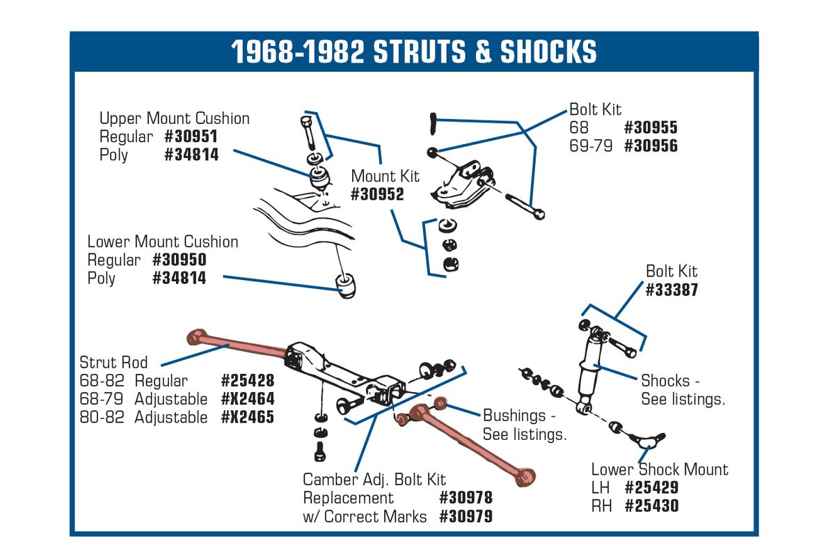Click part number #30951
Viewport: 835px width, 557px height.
click(x=191, y=136)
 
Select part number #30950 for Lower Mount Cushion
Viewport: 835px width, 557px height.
click(x=180, y=260)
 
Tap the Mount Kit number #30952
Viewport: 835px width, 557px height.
click(x=377, y=194)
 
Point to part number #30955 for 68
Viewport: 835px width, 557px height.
click(x=651, y=127)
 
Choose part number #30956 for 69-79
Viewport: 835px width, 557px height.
click(x=651, y=146)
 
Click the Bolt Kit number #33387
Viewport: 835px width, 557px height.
click(x=671, y=290)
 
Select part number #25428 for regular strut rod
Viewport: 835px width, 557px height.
click(x=248, y=381)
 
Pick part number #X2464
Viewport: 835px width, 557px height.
click(x=248, y=399)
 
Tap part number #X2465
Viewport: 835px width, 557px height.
click(x=248, y=417)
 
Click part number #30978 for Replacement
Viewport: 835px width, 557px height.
click(x=466, y=498)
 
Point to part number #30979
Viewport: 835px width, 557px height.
click(x=466, y=517)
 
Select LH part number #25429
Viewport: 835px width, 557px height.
click(x=651, y=487)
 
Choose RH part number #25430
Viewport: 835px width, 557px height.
click(x=651, y=506)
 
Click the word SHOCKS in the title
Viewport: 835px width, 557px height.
click(x=548, y=52)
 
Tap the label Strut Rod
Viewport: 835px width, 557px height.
click(x=113, y=362)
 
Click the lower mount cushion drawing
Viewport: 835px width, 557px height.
click(x=345, y=285)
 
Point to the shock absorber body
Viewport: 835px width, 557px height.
click(x=589, y=373)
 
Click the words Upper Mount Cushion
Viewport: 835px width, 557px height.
click(x=175, y=118)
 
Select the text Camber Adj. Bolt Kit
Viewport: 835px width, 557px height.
click(x=374, y=480)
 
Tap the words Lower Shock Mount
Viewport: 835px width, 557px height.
click(x=660, y=469)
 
